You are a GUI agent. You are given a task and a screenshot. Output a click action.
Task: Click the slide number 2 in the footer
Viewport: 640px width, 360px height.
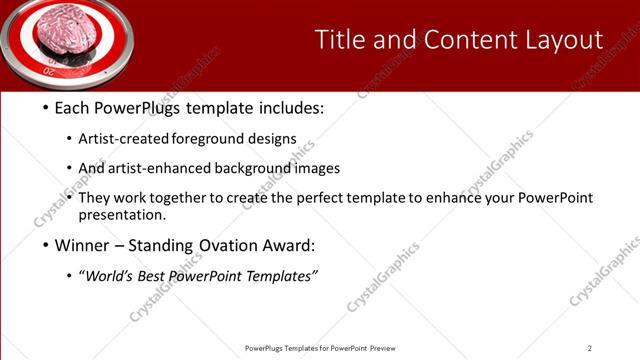coord(589,348)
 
